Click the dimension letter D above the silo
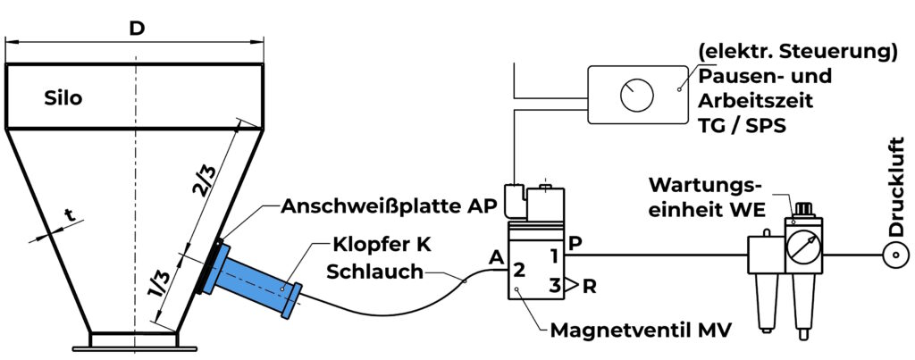(x=136, y=28)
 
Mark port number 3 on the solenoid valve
(x=555, y=287)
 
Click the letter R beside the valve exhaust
(x=591, y=286)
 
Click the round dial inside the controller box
(x=637, y=93)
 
